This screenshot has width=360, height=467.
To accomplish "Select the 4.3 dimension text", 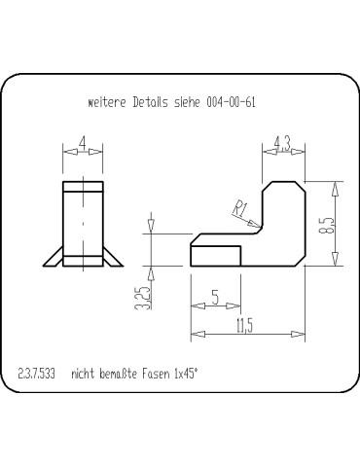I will pos(282,144).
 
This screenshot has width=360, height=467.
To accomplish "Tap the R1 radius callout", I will pos(240,206).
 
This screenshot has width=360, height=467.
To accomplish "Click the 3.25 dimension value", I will pos(142,297).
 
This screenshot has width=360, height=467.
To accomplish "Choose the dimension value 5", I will pos(215,299).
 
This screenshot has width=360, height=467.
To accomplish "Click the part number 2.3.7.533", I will pos(38,374).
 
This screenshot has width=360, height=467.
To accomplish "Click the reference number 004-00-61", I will pos(231,101).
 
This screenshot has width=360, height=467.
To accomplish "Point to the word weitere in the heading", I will pos(107,101).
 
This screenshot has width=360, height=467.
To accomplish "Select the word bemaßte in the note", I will pos(120,374).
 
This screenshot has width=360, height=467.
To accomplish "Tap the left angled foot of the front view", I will pos(54,256).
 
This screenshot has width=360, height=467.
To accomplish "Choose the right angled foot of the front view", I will pos(113,256).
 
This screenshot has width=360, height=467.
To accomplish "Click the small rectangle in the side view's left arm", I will pos(216,255).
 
